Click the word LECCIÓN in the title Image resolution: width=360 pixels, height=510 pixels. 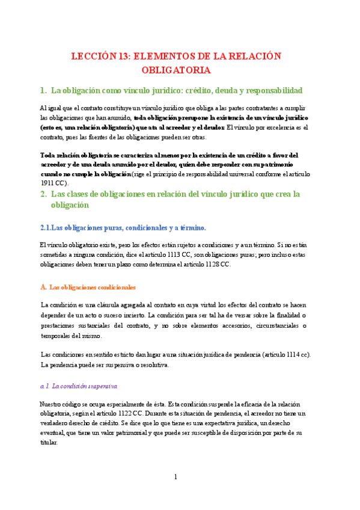pyautogui.click(x=92, y=56)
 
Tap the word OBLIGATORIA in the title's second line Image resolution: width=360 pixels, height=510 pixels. pyautogui.click(x=176, y=70)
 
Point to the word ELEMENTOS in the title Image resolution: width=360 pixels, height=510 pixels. pyautogui.click(x=161, y=56)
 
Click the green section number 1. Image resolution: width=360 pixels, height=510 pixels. pyautogui.click(x=43, y=91)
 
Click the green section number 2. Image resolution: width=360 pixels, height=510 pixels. pyautogui.click(x=43, y=194)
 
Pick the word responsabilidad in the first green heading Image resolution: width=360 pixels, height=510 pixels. pyautogui.click(x=272, y=91)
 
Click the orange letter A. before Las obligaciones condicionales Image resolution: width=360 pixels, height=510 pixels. pyautogui.click(x=43, y=287)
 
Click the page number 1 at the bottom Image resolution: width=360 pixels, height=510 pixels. pyautogui.click(x=175, y=477)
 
